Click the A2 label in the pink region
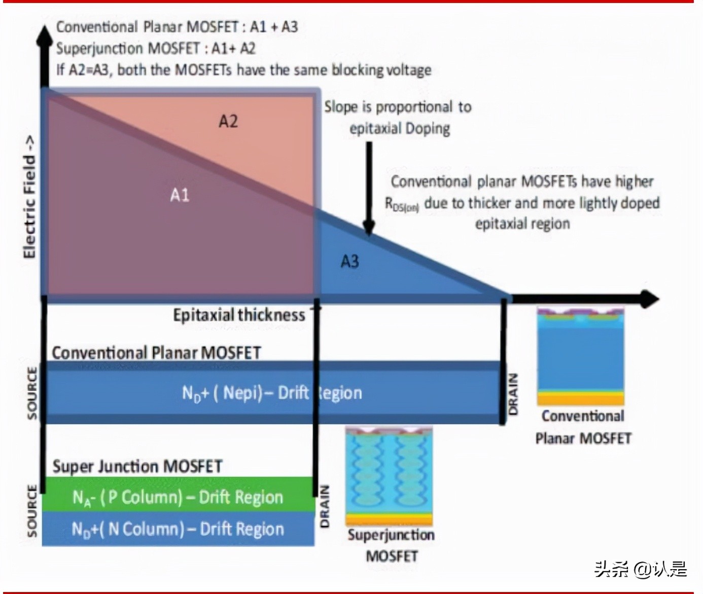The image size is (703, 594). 228,122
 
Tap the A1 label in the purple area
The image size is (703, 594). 180,195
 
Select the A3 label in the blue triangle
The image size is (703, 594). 349,262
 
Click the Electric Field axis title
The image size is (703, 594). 29,197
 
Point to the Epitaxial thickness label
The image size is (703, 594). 239,315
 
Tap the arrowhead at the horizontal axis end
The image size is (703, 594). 650,299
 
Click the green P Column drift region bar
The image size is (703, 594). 178,495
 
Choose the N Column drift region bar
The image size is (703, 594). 178,529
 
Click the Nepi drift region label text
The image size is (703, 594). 272,393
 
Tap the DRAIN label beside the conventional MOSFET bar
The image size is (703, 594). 513,394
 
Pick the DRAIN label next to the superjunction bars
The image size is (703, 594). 325,506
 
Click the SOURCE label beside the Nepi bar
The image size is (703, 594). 32,393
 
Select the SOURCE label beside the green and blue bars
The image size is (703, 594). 32,511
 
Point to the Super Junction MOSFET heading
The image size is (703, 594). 137,466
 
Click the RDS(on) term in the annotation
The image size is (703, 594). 402,204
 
